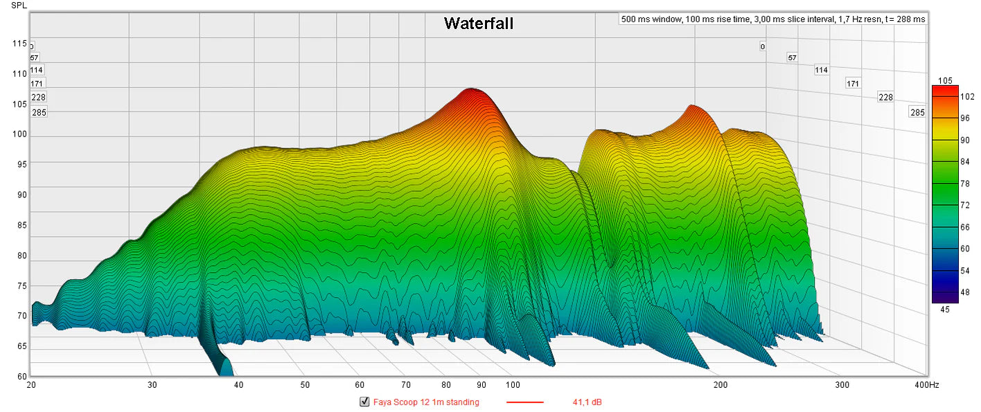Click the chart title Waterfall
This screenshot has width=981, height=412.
tap(479, 24)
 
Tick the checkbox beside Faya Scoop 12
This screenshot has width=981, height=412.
tap(364, 402)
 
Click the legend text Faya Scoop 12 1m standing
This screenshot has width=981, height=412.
tap(426, 402)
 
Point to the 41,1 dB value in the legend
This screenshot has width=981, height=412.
tap(587, 402)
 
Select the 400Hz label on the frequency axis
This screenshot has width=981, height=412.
tap(926, 384)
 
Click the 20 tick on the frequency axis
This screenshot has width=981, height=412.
tap(31, 384)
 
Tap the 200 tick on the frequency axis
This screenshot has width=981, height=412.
tap(721, 384)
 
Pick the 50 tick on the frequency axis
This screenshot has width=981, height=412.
tap(305, 384)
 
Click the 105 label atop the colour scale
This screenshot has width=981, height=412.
tap(945, 80)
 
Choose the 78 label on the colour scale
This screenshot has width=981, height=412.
tap(964, 183)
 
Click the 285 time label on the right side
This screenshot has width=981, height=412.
tap(917, 112)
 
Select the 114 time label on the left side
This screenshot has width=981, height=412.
tap(37, 70)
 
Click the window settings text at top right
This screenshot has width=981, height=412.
tap(773, 19)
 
